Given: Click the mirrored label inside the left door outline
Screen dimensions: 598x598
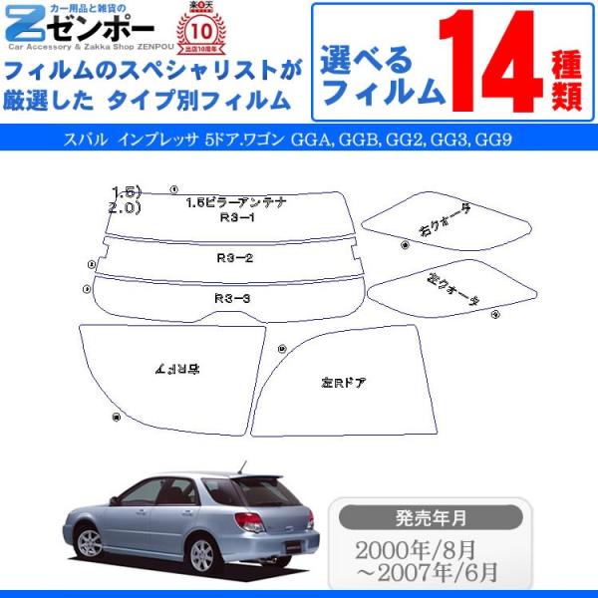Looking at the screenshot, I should point(177,369).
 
